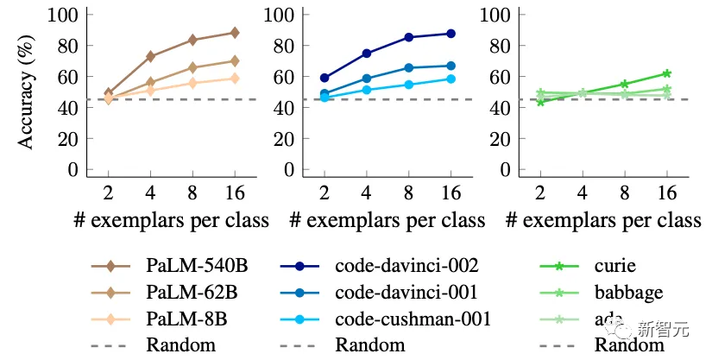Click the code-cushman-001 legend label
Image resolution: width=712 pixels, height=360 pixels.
(413, 319)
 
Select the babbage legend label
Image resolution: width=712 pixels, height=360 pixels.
(627, 291)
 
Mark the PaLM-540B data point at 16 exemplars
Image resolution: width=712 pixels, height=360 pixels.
(234, 33)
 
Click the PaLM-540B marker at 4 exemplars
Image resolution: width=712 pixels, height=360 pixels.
(151, 56)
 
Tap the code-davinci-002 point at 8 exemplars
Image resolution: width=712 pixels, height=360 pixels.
(409, 37)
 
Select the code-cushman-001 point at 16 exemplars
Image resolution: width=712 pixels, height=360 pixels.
(451, 79)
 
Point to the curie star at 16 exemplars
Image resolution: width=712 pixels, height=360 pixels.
(666, 73)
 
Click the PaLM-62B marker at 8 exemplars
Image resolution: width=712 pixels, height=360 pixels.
(192, 67)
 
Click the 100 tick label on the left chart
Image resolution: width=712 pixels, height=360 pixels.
(63, 15)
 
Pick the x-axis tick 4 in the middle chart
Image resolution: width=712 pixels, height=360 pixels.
(367, 191)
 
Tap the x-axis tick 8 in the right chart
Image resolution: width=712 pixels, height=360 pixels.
(624, 191)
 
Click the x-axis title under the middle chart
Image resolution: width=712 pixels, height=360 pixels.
(387, 220)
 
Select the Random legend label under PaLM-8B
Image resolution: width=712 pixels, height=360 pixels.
(181, 345)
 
